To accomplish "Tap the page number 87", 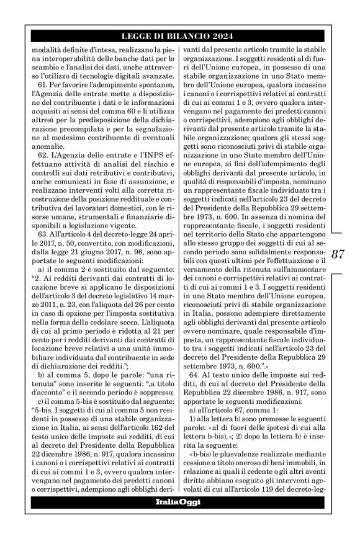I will (338, 254).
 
